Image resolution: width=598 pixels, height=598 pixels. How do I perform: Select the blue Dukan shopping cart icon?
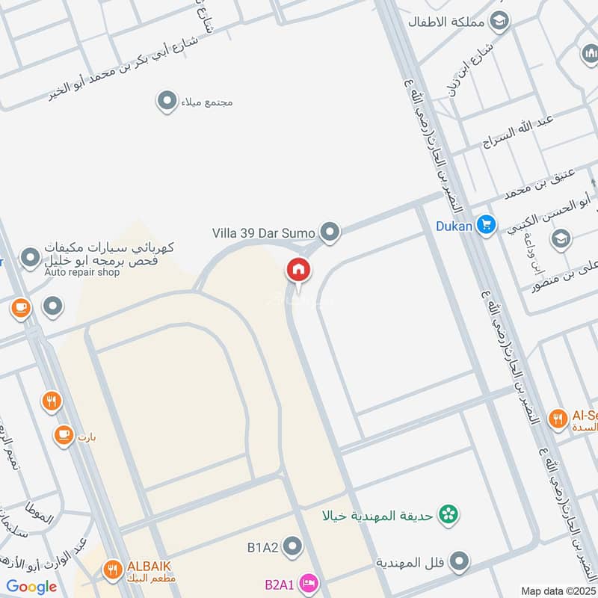click(487, 224)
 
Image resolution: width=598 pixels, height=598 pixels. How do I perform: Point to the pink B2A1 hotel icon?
click(306, 581)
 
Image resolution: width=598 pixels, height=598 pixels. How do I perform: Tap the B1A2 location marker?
click(292, 547)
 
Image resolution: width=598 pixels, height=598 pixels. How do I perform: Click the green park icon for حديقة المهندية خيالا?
click(449, 514)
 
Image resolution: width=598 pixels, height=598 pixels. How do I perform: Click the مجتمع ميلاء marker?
click(167, 100)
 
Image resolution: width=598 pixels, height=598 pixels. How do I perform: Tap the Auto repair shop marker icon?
click(30, 259)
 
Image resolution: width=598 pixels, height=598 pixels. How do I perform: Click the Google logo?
click(31, 587)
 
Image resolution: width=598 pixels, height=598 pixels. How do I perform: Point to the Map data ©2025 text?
click(559, 591)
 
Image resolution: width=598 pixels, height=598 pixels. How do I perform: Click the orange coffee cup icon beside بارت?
click(63, 434)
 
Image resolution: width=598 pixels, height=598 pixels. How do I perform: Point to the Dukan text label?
click(454, 224)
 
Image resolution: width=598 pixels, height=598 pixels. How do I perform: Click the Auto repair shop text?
click(81, 272)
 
